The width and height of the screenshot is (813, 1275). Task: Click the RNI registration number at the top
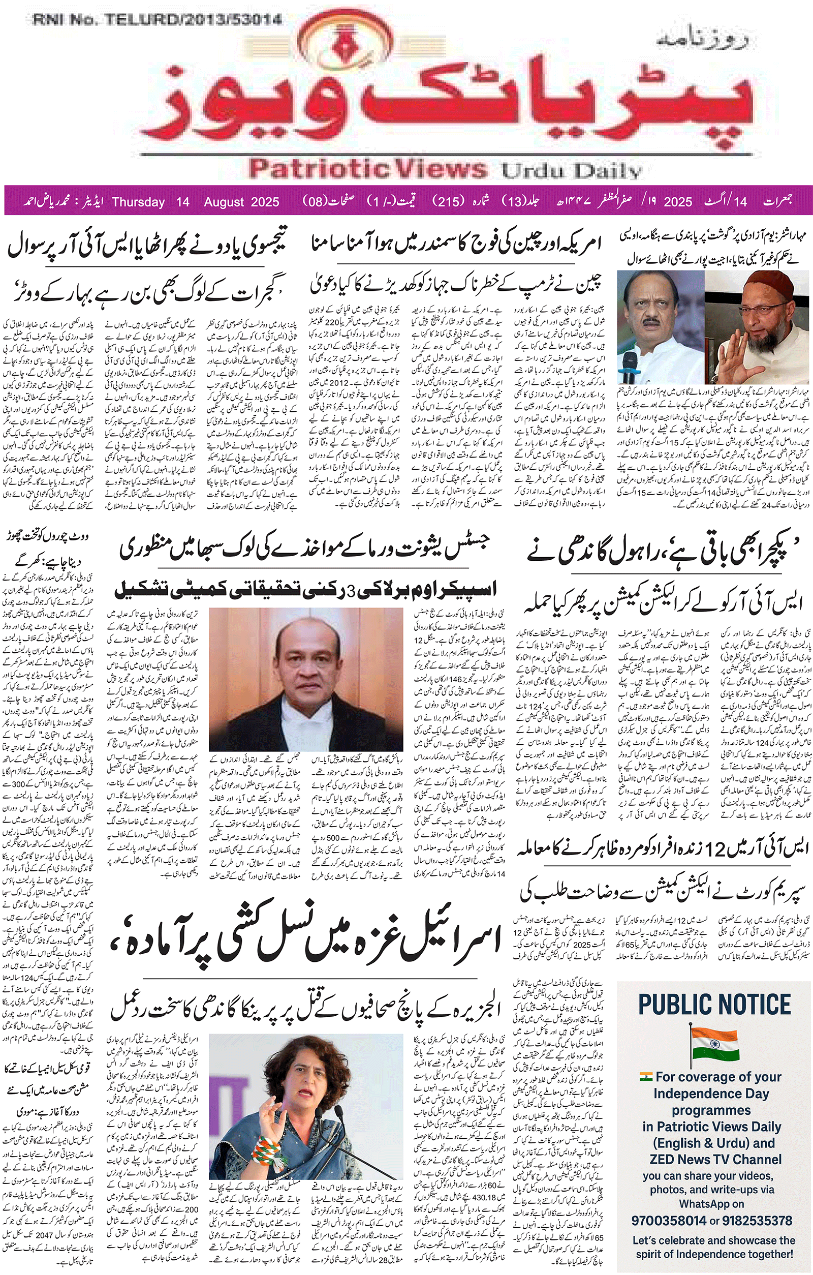pyautogui.click(x=157, y=21)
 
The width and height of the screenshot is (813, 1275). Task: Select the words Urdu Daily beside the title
pyautogui.click(x=571, y=170)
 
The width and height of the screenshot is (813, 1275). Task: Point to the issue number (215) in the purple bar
pyautogui.click(x=449, y=202)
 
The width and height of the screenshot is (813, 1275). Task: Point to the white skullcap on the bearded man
pyautogui.click(x=769, y=283)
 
